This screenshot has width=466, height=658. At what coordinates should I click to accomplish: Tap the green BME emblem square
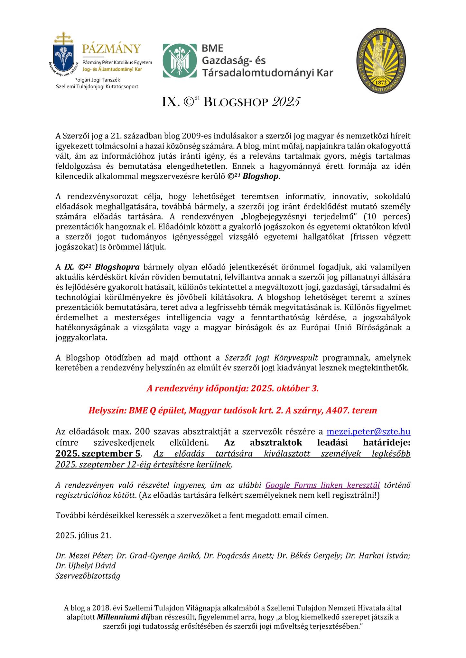[x=179, y=61]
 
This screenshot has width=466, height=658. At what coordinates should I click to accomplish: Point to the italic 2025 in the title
[x=286, y=102]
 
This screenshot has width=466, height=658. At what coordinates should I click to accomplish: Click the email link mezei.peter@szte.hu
[x=368, y=431]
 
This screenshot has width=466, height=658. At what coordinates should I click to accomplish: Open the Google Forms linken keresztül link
[x=322, y=485]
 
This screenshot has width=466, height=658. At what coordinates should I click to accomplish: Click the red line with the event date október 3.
[x=233, y=389]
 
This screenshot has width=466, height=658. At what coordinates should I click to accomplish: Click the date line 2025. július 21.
[x=83, y=536]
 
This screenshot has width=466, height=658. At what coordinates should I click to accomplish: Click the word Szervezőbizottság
[x=88, y=575]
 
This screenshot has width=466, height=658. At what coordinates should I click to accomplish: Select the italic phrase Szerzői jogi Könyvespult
[x=271, y=358]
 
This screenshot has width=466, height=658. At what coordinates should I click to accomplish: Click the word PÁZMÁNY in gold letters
[x=111, y=49]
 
